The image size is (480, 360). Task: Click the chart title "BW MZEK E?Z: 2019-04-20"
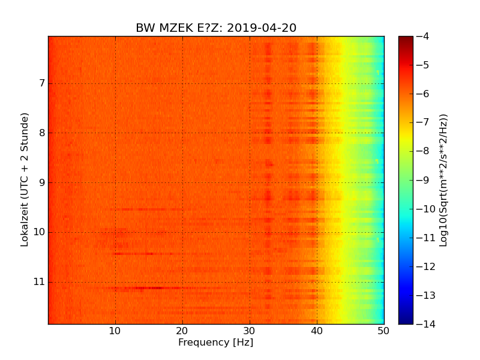coord(216,28)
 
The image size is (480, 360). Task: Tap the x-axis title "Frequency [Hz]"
coord(215,343)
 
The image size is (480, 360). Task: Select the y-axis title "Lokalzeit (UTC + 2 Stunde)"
coord(25,180)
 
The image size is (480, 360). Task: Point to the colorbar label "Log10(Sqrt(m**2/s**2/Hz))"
coord(444,180)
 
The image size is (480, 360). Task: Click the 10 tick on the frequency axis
coord(115,331)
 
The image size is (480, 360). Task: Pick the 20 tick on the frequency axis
coord(182,331)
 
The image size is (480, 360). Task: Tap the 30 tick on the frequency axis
coord(250,331)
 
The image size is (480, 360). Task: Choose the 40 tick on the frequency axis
coord(317,331)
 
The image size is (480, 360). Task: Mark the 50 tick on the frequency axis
coord(383,331)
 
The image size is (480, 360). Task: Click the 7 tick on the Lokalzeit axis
coord(41,83)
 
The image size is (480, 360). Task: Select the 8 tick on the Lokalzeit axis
coord(41,133)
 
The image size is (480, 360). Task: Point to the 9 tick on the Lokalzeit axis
coord(41,182)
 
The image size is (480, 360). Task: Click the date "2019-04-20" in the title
coord(262,28)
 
